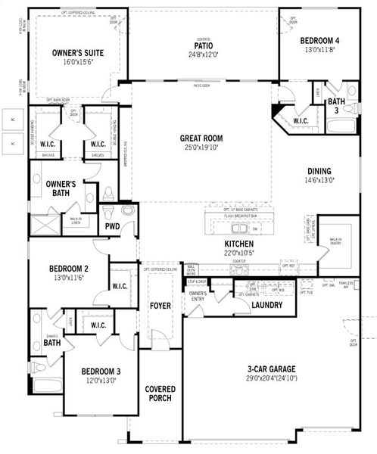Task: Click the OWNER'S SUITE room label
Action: pyautogui.click(x=78, y=53)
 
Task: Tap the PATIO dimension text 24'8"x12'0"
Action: pyautogui.click(x=203, y=54)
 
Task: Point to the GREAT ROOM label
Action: pyautogui.click(x=201, y=138)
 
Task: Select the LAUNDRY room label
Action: pyautogui.click(x=266, y=305)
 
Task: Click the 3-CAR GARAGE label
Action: pyautogui.click(x=270, y=369)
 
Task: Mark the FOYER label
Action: pyautogui.click(x=160, y=306)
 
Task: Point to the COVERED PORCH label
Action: pyautogui.click(x=160, y=393)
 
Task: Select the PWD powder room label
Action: pyautogui.click(x=112, y=225)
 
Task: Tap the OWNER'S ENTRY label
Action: pyautogui.click(x=198, y=296)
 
